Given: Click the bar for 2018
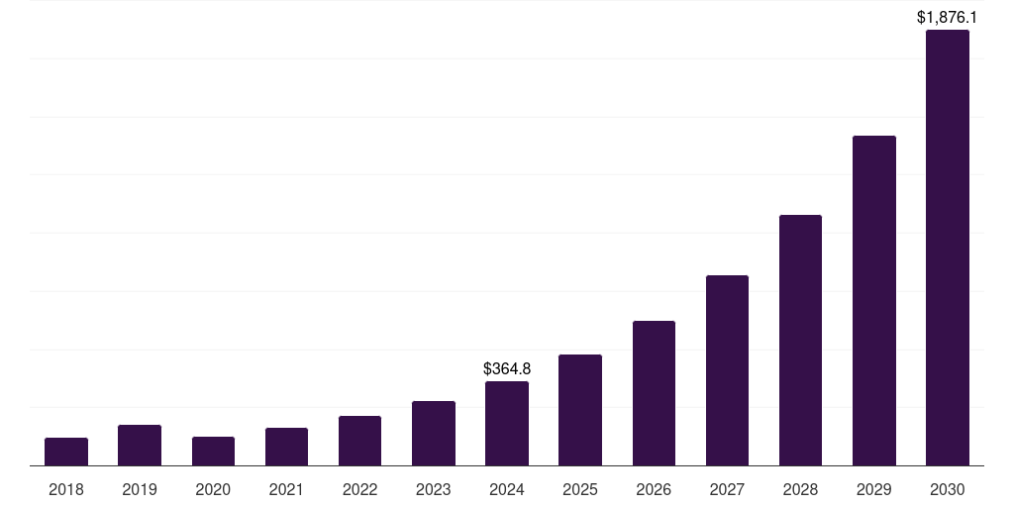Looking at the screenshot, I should coord(66,452).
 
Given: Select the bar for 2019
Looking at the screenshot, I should coord(140,446).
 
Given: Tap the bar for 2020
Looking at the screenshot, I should coord(213,452).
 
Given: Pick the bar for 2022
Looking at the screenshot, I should coord(359,441).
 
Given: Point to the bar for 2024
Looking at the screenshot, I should coord(507,424).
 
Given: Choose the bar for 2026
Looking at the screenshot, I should coord(654,393).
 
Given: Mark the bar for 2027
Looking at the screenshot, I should coord(727,370).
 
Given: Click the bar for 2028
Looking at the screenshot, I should coord(800,341).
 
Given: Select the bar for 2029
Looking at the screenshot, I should coord(874,301).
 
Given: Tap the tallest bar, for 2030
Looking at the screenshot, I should coord(948,248).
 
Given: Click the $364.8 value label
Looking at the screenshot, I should coord(507,368).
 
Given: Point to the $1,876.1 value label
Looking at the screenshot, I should coord(948,17).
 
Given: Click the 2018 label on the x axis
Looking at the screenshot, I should coord(66,489).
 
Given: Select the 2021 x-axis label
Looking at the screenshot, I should coord(286,489).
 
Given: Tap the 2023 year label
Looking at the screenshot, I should coord(434,489).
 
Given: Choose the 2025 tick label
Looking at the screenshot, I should coord(580,489).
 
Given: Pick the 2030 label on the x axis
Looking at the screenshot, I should coord(948,489).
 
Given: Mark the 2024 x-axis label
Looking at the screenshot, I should coord(507,489).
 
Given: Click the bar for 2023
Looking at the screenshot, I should coord(434,434).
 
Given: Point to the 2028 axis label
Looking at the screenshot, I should coord(800,489).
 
